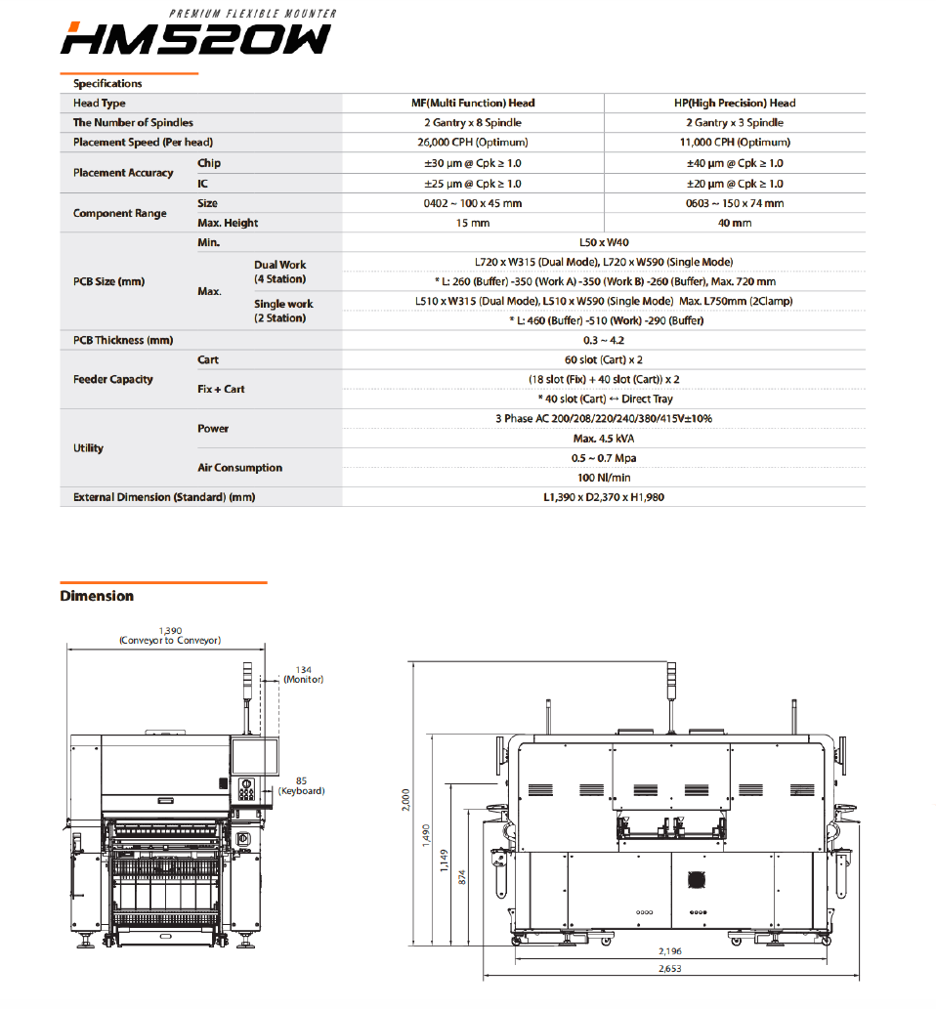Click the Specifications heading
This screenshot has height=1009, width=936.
107,84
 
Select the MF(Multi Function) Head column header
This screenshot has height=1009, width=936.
473,103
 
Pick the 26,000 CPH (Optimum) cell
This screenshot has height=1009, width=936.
473,143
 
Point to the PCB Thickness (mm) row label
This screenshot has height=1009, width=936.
123,340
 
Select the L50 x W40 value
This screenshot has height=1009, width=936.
604,241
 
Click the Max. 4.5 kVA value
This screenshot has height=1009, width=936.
604,439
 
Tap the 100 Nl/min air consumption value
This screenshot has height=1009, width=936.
604,478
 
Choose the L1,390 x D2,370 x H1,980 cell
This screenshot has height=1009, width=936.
604,497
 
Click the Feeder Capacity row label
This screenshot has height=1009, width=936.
113,379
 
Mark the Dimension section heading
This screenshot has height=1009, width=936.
97,596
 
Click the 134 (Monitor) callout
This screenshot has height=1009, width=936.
303,674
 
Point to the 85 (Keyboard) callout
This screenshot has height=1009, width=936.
301,785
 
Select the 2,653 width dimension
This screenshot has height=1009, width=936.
670,969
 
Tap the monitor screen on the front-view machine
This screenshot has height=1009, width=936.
254,757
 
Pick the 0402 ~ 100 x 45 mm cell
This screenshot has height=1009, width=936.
473,203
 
